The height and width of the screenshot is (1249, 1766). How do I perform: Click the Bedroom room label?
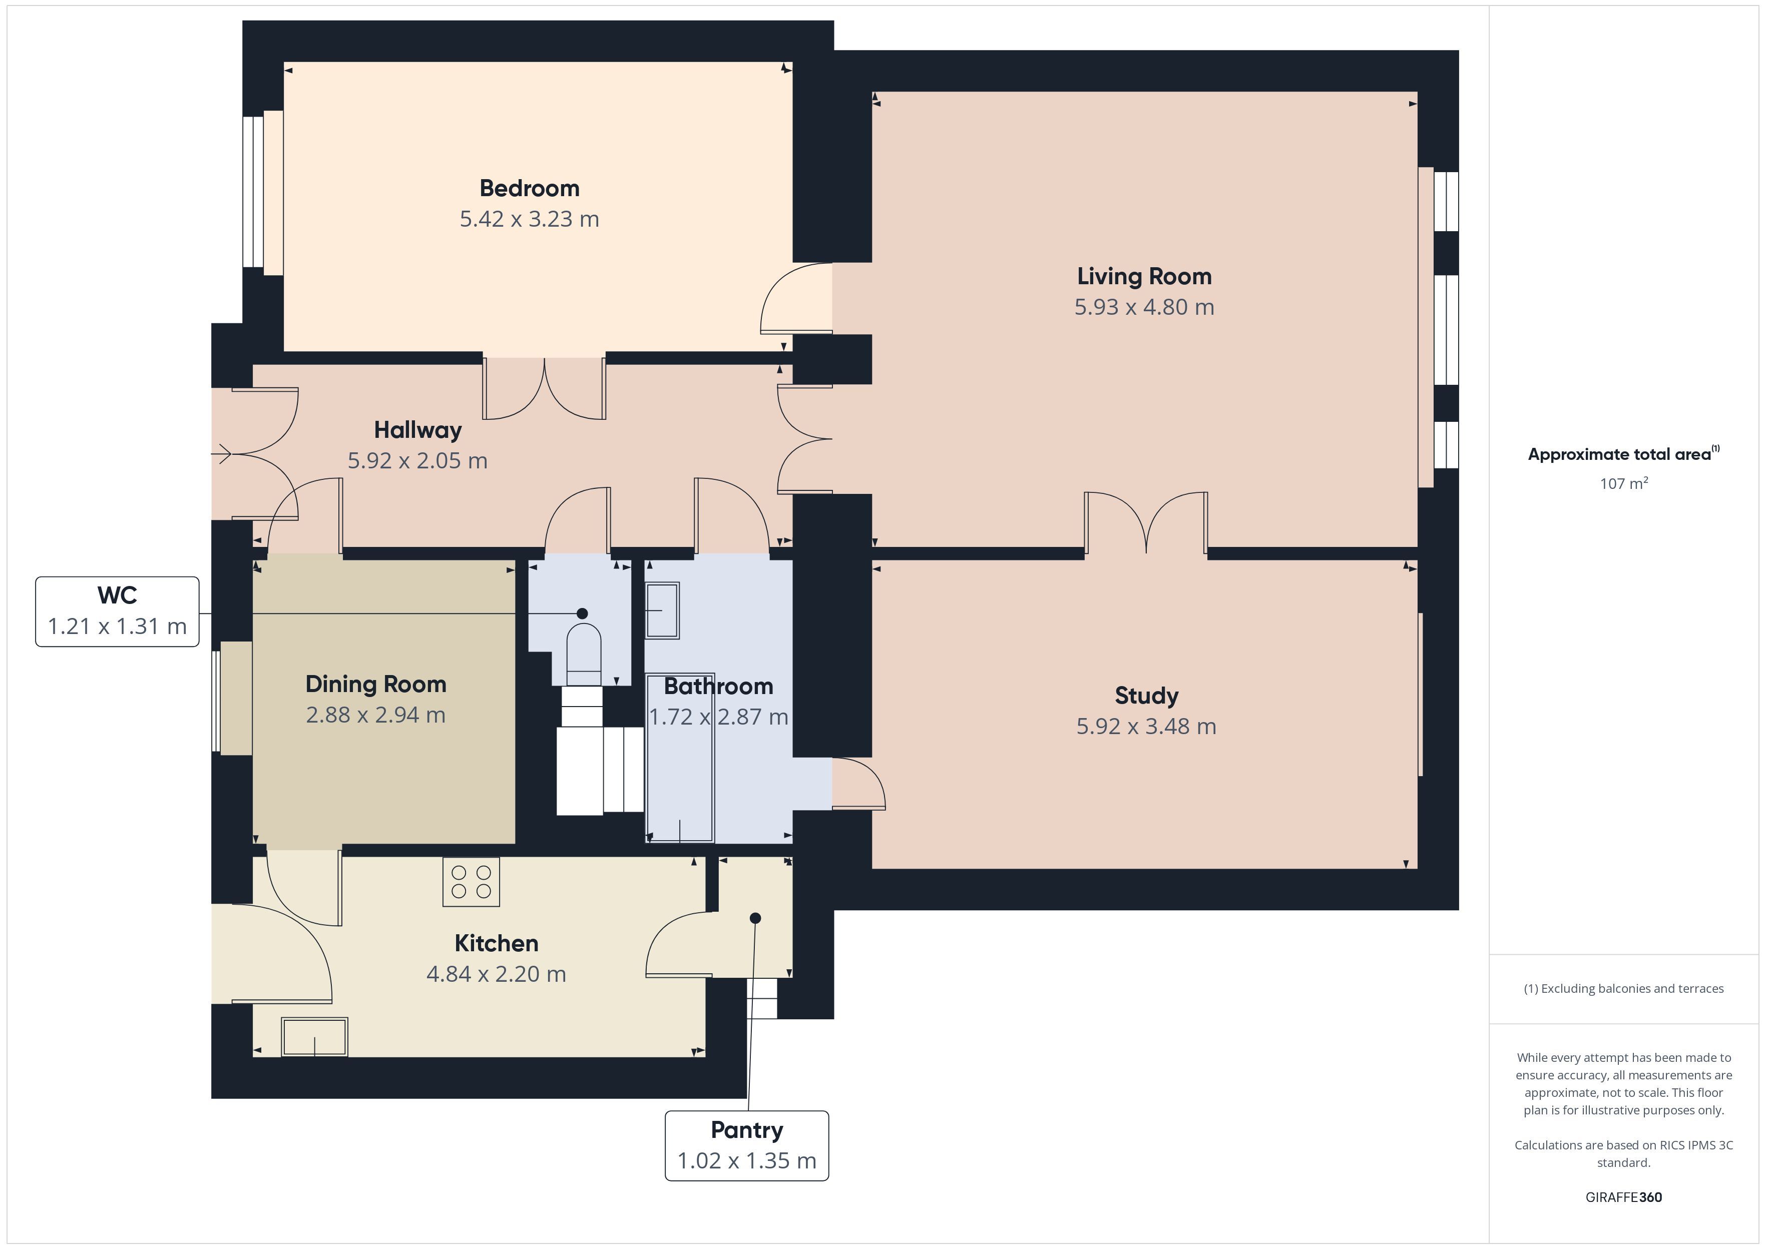pyautogui.click(x=529, y=189)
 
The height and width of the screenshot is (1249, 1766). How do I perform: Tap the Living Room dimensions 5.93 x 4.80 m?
pyautogui.click(x=1144, y=307)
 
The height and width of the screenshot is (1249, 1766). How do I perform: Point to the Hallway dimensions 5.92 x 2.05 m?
pyautogui.click(x=417, y=461)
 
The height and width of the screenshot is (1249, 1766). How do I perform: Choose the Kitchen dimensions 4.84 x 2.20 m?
pyautogui.click(x=496, y=974)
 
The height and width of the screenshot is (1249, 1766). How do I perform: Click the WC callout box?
pyautogui.click(x=118, y=611)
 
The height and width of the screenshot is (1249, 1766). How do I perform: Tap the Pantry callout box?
pyautogui.click(x=747, y=1145)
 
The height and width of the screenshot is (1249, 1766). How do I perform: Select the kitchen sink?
pyautogui.click(x=314, y=1037)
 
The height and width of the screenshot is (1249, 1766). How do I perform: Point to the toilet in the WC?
pyautogui.click(x=583, y=654)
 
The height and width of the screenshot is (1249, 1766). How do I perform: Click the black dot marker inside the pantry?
pyautogui.click(x=755, y=918)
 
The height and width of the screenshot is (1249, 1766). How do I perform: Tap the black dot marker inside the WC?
pyautogui.click(x=582, y=613)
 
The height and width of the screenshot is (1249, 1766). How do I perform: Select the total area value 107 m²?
pyautogui.click(x=1624, y=483)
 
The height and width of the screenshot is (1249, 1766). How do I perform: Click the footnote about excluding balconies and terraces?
pyautogui.click(x=1624, y=988)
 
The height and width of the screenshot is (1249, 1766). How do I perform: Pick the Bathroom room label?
pyautogui.click(x=718, y=686)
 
